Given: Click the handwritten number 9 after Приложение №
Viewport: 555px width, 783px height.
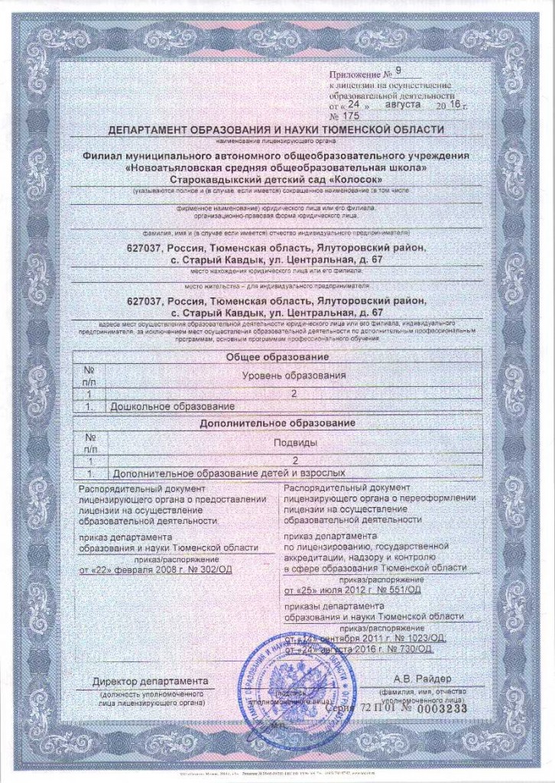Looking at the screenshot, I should click(x=398, y=73).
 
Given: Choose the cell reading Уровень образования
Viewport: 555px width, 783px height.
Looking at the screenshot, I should click(x=294, y=375).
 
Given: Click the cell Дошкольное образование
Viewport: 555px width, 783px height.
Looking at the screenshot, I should click(x=172, y=406).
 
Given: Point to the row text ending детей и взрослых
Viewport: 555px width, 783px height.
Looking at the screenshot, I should click(x=306, y=473).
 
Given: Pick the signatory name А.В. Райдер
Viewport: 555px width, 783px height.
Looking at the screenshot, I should click(x=423, y=679).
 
